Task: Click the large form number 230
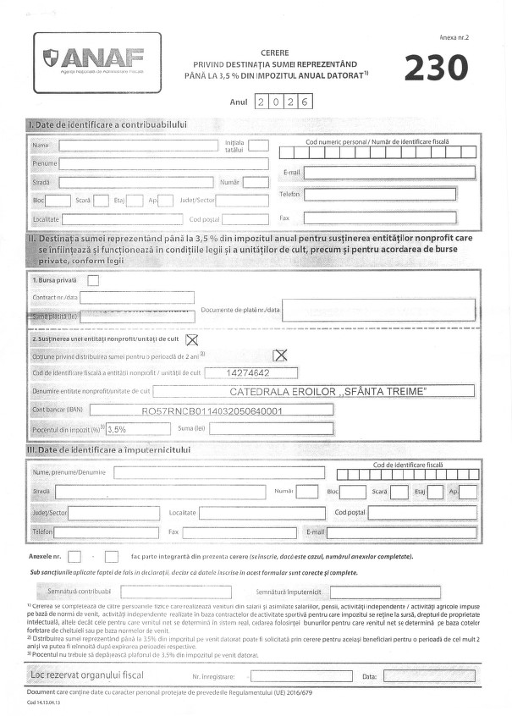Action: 435,69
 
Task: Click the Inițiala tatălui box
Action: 258,146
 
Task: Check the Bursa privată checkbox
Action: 93,280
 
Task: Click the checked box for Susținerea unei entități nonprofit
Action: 191,340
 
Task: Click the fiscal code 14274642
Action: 250,372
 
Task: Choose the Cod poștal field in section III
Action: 422,512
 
